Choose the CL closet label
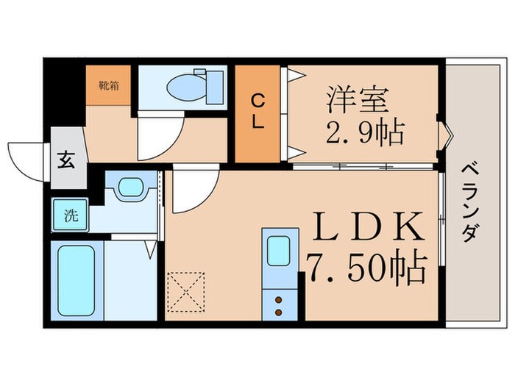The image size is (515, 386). coord(257,112)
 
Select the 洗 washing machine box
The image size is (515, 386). coord(70,217)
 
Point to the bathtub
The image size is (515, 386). coord(75,281)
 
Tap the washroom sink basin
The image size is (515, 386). coord(130,187)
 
